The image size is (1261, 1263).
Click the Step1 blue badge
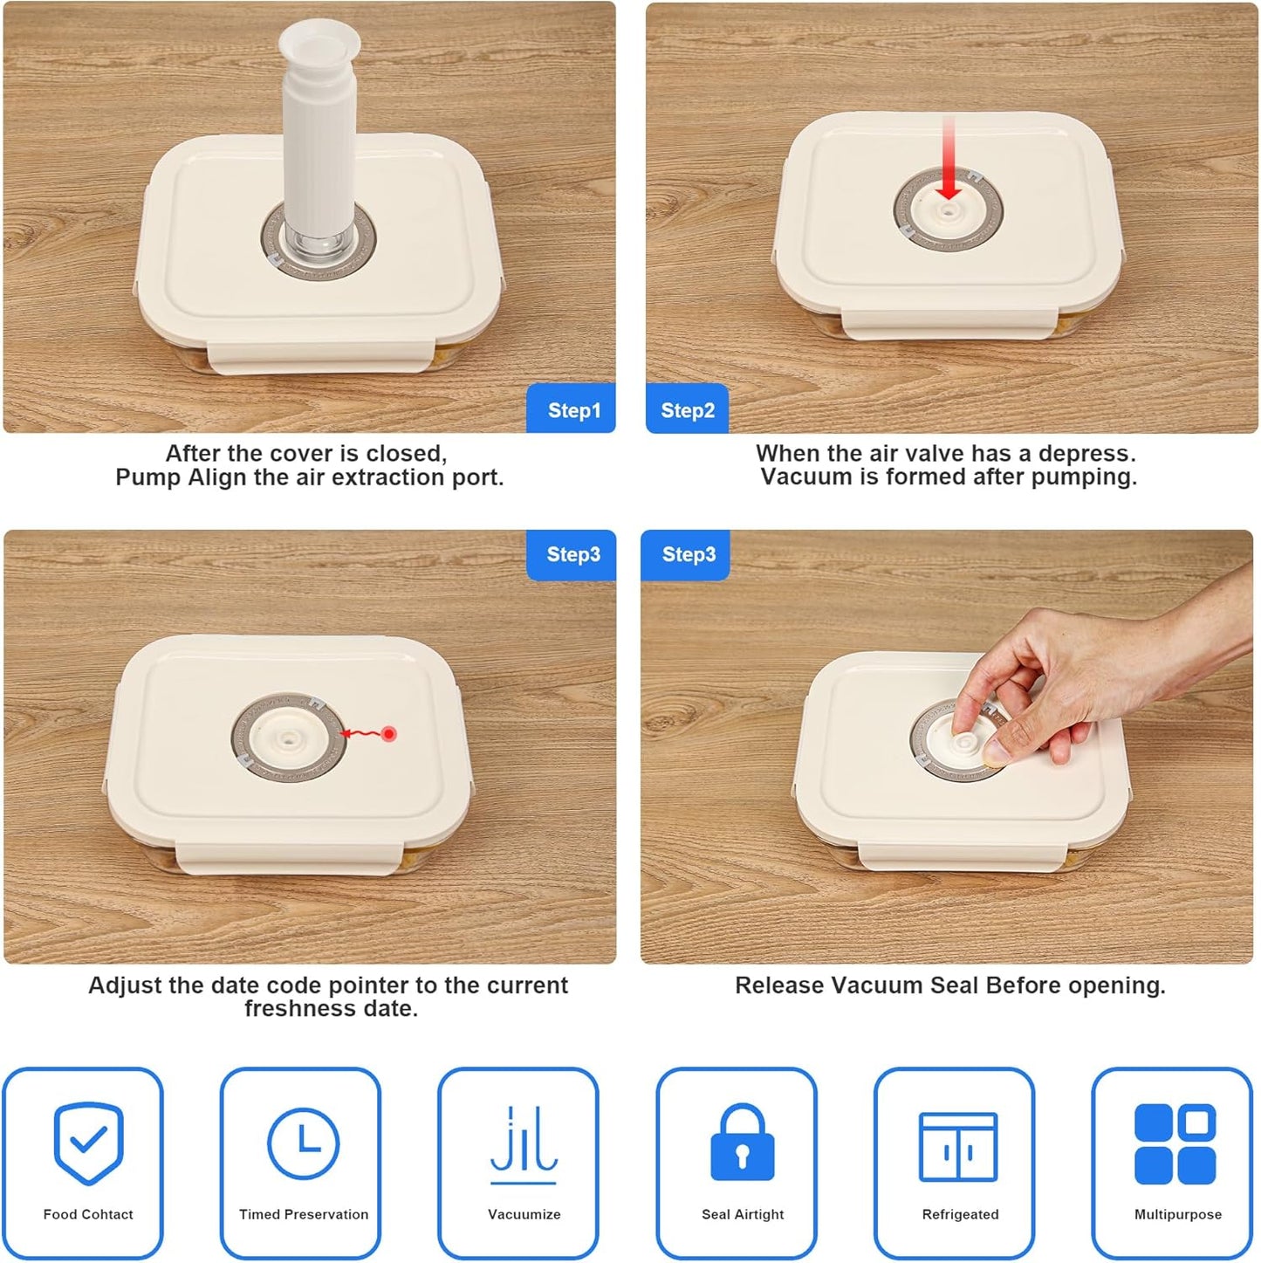click(x=571, y=408)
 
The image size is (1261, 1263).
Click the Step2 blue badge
click(x=687, y=408)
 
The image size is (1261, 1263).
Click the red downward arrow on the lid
click(x=949, y=157)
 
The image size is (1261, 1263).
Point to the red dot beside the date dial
click(x=388, y=733)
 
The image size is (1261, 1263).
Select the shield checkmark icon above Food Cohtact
click(x=88, y=1143)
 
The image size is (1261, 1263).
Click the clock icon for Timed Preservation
click(x=304, y=1143)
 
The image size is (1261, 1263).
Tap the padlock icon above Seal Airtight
click(x=742, y=1142)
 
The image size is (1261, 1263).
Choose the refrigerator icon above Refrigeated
click(x=958, y=1146)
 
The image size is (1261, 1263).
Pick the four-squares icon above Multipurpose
click(x=1175, y=1143)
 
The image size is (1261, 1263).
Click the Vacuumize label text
click(x=524, y=1214)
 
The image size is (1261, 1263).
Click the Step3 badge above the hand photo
click(x=686, y=554)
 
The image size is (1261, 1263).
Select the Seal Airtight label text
click(x=743, y=1214)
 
